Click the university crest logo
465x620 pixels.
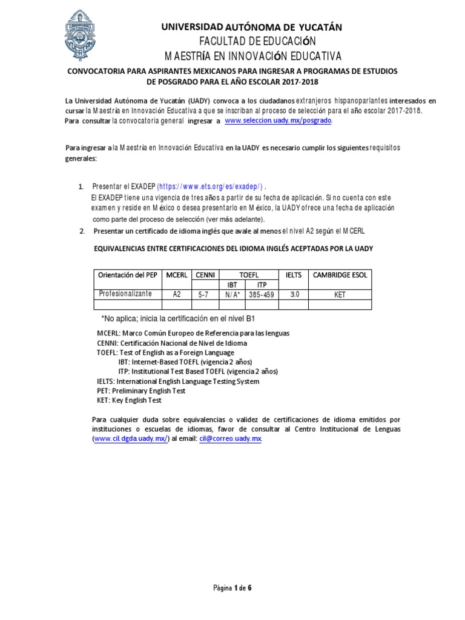[x=78, y=35]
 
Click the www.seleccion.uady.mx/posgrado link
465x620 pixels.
[x=279, y=121]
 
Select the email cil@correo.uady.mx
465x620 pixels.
[x=231, y=438]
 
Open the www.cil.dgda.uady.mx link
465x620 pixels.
[x=130, y=438]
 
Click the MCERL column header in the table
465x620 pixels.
[x=177, y=275]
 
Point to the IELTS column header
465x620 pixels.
[x=293, y=275]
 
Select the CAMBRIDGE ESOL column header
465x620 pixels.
[x=340, y=275]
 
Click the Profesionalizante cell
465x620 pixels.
[x=127, y=294]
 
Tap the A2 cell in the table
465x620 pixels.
[x=177, y=294]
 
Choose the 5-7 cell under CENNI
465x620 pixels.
[x=205, y=294]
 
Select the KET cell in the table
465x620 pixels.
[x=340, y=294]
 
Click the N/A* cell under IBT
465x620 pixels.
[x=232, y=294]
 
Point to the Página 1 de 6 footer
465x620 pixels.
[x=232, y=587]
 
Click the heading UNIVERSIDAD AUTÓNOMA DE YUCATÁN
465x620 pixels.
[x=251, y=27]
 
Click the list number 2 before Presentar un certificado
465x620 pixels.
[x=82, y=232]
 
